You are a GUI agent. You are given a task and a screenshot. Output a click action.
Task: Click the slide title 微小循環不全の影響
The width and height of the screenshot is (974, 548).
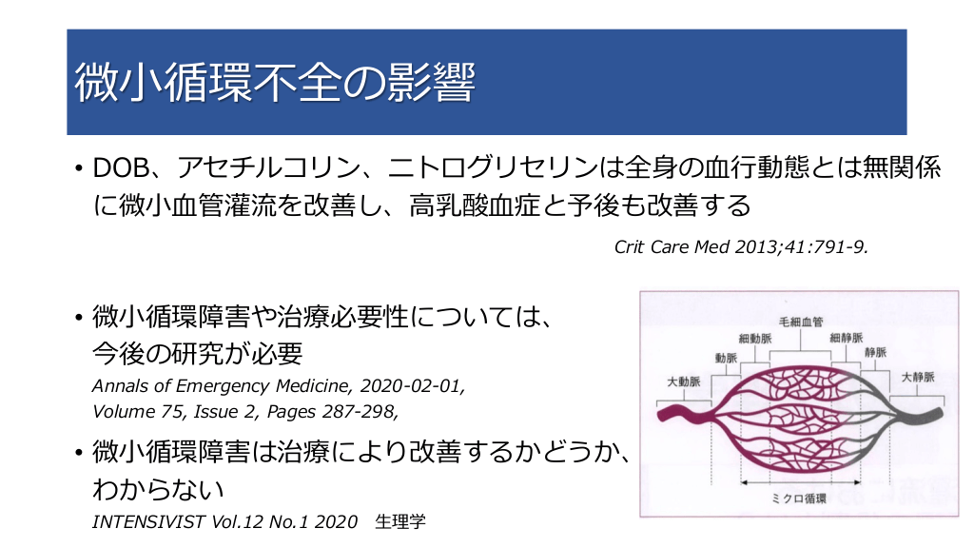pos(275,82)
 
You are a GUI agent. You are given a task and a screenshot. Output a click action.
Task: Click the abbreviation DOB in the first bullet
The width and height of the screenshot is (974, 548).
pos(121,167)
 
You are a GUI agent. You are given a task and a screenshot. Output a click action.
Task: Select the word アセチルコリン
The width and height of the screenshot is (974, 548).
pos(269,167)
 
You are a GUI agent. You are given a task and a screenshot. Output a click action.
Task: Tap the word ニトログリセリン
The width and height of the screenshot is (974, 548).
pos(493,167)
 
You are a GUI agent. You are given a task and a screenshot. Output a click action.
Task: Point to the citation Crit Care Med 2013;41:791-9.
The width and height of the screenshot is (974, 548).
pos(741,247)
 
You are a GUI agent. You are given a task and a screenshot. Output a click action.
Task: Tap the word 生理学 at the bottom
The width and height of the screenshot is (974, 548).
pos(400,521)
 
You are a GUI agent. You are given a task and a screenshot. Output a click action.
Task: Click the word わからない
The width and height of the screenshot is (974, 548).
pos(158,489)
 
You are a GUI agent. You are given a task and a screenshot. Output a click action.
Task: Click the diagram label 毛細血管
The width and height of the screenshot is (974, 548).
pos(801,322)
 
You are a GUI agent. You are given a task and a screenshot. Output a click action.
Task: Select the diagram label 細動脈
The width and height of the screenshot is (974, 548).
pos(755,339)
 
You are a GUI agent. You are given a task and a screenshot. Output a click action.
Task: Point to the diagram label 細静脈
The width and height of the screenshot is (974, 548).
pos(846,338)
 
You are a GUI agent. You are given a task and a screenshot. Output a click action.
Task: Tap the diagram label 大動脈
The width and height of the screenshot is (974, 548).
pos(683,381)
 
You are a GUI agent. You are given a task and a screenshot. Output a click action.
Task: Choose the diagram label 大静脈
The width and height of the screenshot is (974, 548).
pos(918,377)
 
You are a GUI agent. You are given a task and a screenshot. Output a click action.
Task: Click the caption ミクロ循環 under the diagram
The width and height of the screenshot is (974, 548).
pos(799,499)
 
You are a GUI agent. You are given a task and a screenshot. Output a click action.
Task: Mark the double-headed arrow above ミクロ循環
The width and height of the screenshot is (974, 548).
pos(801,482)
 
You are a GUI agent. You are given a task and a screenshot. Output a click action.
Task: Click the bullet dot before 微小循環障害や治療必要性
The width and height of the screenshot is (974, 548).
pos(78,318)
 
